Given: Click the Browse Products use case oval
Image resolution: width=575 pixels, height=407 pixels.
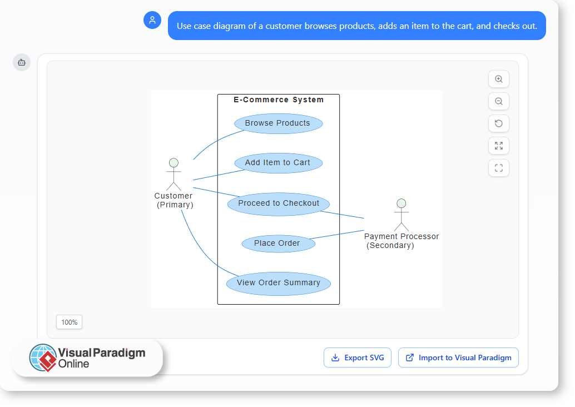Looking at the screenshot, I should pyautogui.click(x=277, y=123).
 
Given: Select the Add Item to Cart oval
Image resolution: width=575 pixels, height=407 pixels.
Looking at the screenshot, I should pyautogui.click(x=277, y=163).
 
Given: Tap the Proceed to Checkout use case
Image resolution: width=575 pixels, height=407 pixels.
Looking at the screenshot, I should pyautogui.click(x=279, y=203).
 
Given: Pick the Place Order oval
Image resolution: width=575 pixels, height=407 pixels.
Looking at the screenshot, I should pyautogui.click(x=277, y=244).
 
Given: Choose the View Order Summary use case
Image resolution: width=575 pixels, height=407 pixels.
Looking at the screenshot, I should pyautogui.click(x=278, y=283).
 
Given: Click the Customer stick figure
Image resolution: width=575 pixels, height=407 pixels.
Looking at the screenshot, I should pyautogui.click(x=174, y=174).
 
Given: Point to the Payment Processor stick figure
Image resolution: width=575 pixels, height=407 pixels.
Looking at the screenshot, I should pyautogui.click(x=401, y=215).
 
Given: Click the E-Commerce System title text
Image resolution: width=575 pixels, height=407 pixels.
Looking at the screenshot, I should pyautogui.click(x=279, y=100).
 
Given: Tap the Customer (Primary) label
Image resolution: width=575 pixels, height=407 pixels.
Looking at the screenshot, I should pyautogui.click(x=174, y=200).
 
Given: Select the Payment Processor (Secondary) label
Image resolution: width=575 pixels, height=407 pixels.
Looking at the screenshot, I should pyautogui.click(x=401, y=241).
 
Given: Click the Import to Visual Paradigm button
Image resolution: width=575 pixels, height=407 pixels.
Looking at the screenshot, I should pyautogui.click(x=458, y=358).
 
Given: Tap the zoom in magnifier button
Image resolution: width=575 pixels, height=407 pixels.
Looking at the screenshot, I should pyautogui.click(x=499, y=79).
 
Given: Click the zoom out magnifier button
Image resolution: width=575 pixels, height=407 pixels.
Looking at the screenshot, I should pyautogui.click(x=499, y=101).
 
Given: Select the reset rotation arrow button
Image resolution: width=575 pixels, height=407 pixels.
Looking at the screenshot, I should pyautogui.click(x=499, y=123).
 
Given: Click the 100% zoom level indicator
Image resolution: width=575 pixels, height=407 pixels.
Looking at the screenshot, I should pyautogui.click(x=70, y=322).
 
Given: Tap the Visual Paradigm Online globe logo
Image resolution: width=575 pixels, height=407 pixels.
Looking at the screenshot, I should pyautogui.click(x=43, y=358).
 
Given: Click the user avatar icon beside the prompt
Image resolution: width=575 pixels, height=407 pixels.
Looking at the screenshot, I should pyautogui.click(x=152, y=20).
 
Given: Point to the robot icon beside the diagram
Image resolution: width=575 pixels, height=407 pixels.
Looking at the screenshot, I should pyautogui.click(x=22, y=62).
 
